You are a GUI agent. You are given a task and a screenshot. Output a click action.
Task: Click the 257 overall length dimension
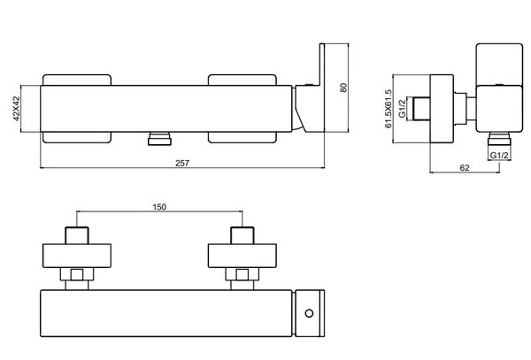[x=182, y=163]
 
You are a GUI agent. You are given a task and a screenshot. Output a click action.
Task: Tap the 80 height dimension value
[x=343, y=88]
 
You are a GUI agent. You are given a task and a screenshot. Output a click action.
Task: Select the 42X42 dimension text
[x=16, y=109]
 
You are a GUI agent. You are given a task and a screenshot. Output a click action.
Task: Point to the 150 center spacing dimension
[x=159, y=207]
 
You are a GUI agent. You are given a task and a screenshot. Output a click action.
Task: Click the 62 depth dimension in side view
[x=465, y=167]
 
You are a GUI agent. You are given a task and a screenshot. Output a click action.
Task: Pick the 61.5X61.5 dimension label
[x=389, y=109]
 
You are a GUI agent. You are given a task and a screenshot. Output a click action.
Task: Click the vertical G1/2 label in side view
[x=402, y=108]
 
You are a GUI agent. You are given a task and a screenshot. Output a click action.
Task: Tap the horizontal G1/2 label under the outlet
[x=499, y=156]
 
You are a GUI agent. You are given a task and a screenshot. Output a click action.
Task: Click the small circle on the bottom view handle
[x=309, y=313]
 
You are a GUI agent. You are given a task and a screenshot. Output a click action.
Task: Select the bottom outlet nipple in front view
[x=159, y=139]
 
